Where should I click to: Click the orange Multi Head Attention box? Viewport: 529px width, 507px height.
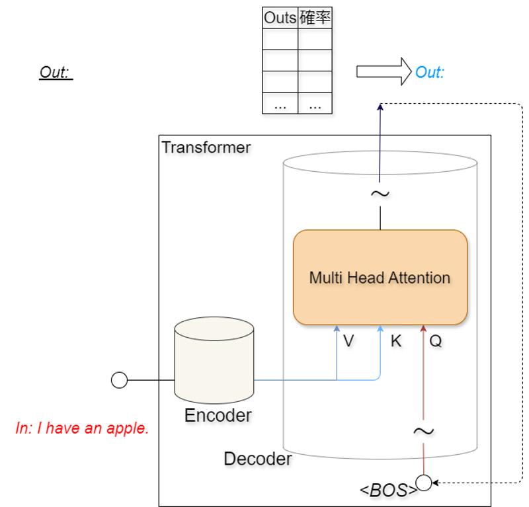380,277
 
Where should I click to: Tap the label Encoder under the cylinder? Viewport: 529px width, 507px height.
217,415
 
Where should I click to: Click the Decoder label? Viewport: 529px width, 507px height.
257,458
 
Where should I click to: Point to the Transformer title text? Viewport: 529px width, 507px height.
206,147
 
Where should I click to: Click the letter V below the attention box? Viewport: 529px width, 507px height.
348,342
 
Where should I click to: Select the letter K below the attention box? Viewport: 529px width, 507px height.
396,342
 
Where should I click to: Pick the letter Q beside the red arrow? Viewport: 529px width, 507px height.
436,342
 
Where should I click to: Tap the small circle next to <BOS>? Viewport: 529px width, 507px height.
423,483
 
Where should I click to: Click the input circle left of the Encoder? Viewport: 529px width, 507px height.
119,380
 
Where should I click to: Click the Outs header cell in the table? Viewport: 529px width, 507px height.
280,19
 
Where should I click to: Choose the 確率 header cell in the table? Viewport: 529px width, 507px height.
314,19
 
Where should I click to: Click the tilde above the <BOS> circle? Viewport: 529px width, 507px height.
423,431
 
